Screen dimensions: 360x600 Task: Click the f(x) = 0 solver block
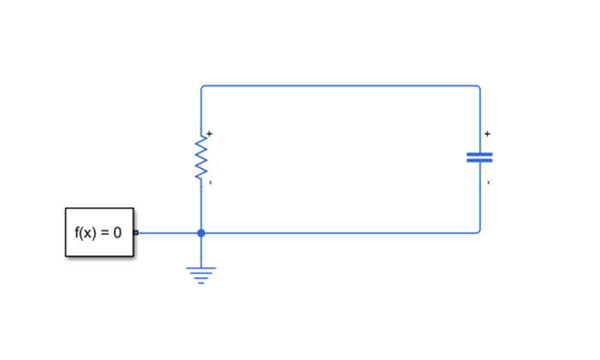(x=99, y=231)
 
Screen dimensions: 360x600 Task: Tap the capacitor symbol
(x=479, y=158)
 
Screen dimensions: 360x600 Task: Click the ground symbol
(x=201, y=274)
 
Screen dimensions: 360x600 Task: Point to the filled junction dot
(x=201, y=232)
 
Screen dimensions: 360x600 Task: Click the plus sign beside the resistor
(x=209, y=134)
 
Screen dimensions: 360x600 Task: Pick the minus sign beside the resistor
(x=210, y=183)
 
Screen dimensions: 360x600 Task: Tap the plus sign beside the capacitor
(x=488, y=134)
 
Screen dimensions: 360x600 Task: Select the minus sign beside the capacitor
(x=488, y=183)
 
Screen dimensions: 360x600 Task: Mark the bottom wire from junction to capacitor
(x=343, y=232)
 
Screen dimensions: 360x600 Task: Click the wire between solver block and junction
(x=168, y=232)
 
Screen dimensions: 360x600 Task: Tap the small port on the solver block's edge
(x=135, y=232)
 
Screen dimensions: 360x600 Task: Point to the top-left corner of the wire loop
(x=202, y=87)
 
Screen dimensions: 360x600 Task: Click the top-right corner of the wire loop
(x=479, y=87)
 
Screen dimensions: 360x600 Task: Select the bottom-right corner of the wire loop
(x=479, y=231)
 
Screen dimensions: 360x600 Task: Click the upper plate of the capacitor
(x=479, y=154)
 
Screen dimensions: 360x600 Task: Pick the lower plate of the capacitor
(x=479, y=161)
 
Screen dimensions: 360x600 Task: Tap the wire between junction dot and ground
(x=201, y=250)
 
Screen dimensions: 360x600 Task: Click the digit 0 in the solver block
(x=117, y=232)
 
